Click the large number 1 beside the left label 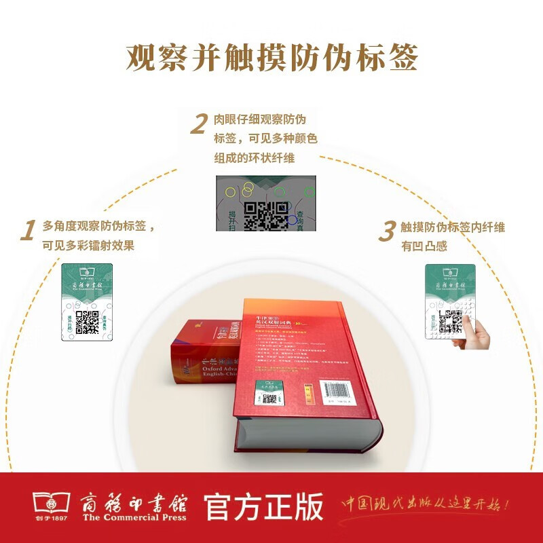pos(28,231)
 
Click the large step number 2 pos(198,125)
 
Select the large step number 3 pos(386,232)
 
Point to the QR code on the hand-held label pos(449,321)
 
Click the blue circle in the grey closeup pos(292,219)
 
